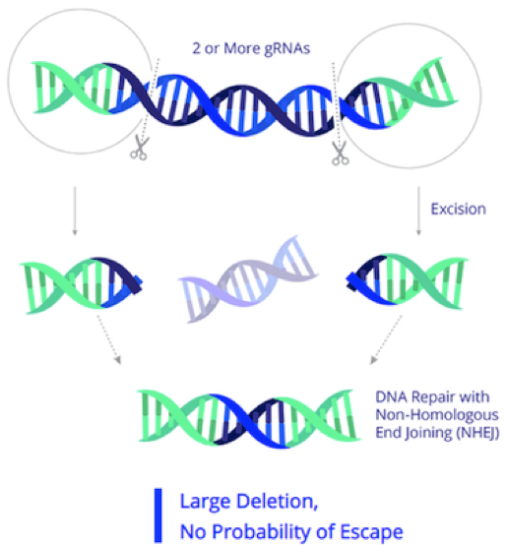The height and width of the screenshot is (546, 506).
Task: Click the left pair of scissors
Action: click(140, 148)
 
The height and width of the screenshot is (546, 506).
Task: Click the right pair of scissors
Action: click(340, 152)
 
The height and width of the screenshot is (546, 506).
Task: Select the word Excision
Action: click(459, 209)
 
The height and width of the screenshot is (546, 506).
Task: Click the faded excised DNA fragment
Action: click(248, 279)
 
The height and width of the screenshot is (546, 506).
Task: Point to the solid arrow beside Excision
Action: click(418, 211)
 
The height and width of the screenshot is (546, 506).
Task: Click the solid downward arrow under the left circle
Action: click(74, 211)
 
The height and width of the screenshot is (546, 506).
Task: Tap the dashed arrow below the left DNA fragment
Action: click(108, 339)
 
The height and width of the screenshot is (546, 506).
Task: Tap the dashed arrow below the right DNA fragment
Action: click(386, 339)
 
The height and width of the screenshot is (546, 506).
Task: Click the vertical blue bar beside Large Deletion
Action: click(158, 516)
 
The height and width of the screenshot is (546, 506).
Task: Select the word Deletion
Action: click(277, 502)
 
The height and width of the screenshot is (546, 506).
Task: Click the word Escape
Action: click(371, 532)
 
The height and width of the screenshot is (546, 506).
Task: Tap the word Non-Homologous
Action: click(437, 415)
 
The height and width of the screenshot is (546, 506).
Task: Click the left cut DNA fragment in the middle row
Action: click(81, 285)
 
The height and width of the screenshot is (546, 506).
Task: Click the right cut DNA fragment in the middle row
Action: click(407, 281)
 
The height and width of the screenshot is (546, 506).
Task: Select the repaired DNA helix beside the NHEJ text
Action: click(249, 418)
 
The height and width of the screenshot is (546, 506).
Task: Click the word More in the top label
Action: click(242, 48)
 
